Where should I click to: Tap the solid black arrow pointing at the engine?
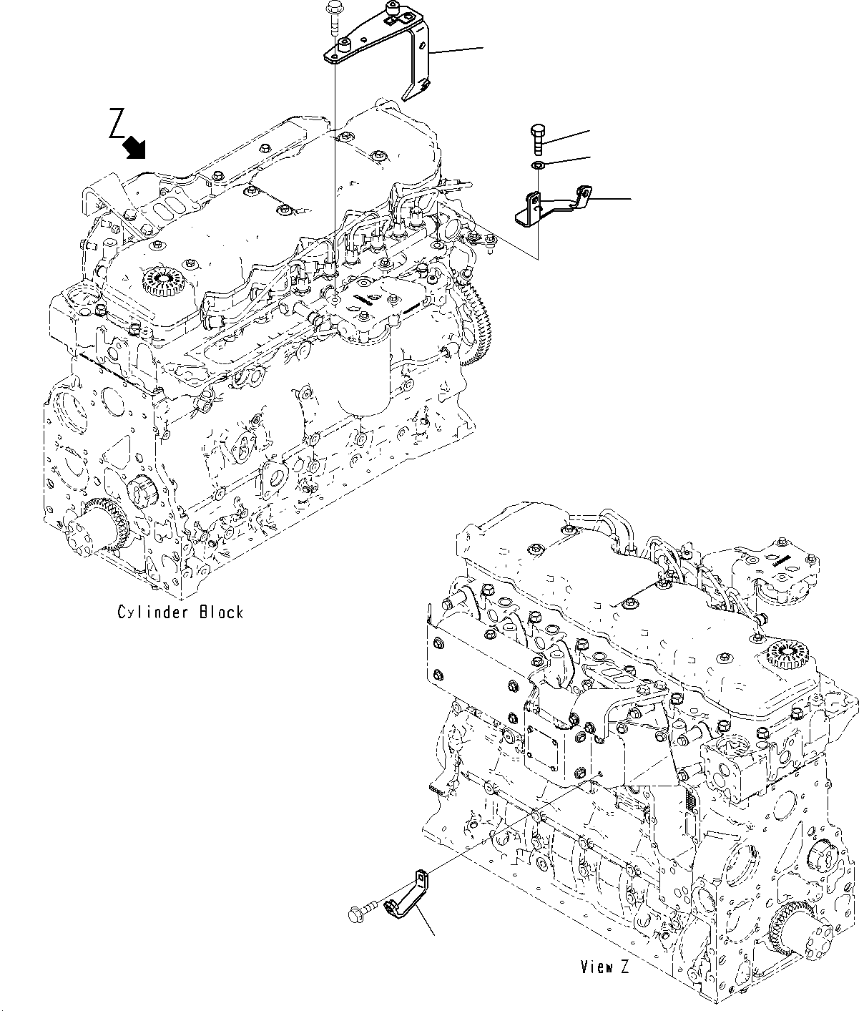(x=134, y=147)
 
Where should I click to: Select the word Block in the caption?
(x=221, y=612)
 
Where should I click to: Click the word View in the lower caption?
(x=594, y=967)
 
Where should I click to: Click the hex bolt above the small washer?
(x=537, y=140)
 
